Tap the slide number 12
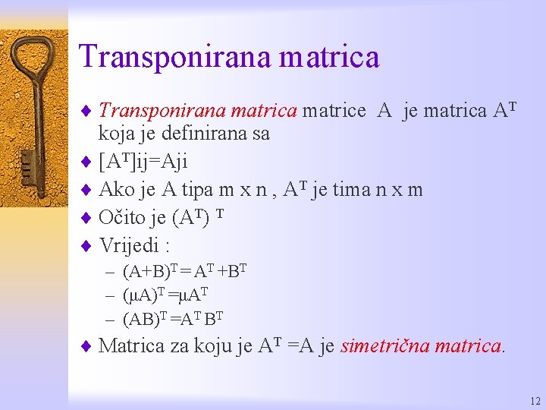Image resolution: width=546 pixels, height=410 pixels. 535,401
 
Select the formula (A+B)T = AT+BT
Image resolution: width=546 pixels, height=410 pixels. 185,270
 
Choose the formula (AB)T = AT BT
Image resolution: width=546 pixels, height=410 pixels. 172,317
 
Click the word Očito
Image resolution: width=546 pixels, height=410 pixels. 122,219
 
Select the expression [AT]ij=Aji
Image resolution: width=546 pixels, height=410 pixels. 143,162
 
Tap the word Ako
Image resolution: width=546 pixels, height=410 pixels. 116,190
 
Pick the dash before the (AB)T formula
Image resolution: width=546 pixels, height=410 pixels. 110,318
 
